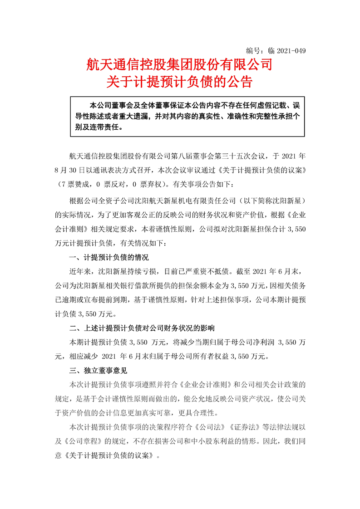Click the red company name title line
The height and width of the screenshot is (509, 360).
179,65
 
